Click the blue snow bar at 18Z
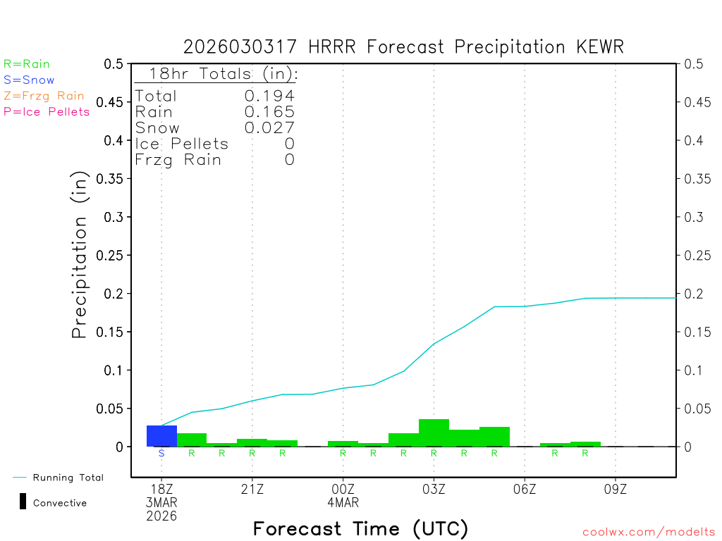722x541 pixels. point(161,436)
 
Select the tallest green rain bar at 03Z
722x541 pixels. point(434,433)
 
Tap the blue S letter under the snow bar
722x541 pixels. point(161,453)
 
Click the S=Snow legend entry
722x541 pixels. point(29,80)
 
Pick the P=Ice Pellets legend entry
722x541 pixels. point(47,111)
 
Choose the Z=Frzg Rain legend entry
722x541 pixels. point(44,96)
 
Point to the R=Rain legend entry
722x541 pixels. point(27,64)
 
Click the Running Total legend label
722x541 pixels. point(68,478)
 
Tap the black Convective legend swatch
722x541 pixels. point(23,502)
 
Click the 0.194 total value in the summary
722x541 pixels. point(269,96)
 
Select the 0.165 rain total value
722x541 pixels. point(269,111)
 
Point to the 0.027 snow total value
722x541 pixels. point(269,128)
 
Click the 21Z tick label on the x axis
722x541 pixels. point(252,490)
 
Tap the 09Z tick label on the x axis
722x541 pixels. point(616,490)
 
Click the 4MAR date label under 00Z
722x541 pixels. point(343,503)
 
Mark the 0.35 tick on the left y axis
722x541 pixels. point(113,179)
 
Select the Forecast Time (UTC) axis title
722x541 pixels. point(360,528)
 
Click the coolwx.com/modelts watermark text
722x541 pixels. point(649,533)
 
